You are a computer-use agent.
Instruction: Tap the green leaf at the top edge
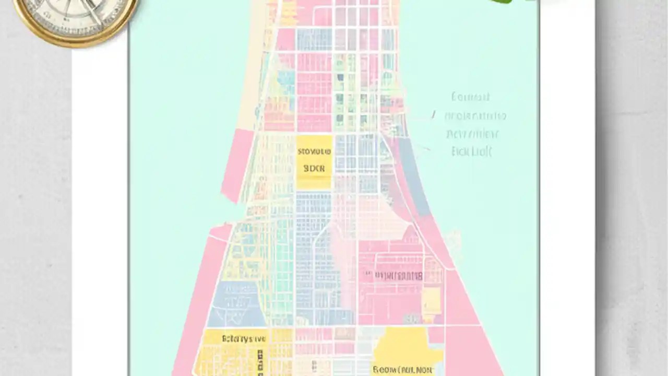click(x=502, y=2)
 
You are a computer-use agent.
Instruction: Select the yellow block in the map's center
click(x=314, y=162)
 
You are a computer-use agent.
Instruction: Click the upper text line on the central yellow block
click(x=314, y=152)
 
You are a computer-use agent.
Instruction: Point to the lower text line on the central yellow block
click(x=314, y=169)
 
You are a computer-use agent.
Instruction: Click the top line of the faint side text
click(x=470, y=97)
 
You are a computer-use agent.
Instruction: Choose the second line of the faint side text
click(x=475, y=116)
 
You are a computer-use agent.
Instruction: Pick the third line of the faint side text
click(x=473, y=134)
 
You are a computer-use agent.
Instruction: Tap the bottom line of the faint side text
click(x=472, y=152)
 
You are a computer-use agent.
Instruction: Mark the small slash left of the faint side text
click(x=433, y=114)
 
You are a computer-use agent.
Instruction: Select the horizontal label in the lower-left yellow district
click(x=244, y=338)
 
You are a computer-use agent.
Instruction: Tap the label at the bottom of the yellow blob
click(x=402, y=370)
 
